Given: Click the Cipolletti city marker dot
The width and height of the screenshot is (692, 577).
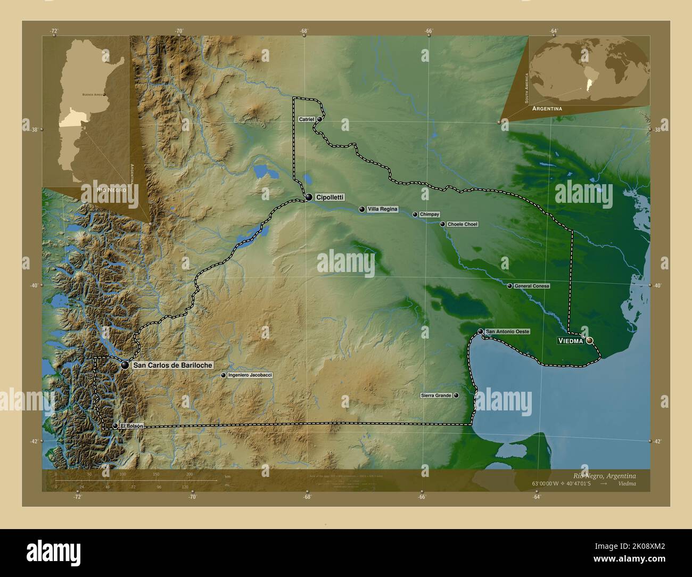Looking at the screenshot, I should click(309, 197).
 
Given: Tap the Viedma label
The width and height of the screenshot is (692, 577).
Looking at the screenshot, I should click(570, 341).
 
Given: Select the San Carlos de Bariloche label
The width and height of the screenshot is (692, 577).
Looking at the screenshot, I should click(172, 365).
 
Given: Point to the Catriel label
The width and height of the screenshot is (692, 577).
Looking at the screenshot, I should click(306, 119).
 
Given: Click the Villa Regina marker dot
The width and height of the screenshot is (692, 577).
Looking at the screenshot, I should click(362, 210).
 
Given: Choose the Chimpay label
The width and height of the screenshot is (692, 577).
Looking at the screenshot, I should click(430, 214).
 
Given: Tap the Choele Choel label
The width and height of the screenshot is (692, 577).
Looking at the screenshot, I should click(462, 225).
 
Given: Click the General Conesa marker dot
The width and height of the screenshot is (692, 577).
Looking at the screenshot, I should click(509, 286).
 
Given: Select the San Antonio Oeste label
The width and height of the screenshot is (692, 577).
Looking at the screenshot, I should click(507, 332).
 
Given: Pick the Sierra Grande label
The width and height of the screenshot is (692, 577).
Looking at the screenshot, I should click(436, 395).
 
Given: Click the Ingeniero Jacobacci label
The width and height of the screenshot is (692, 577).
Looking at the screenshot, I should click(250, 375).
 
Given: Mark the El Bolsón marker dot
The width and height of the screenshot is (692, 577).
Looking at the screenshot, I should click(115, 426).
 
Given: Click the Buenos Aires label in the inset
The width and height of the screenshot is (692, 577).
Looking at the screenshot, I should click(91, 94).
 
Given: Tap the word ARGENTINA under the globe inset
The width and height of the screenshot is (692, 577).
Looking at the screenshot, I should click(546, 108).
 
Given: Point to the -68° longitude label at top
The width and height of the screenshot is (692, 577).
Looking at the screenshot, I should click(303, 31).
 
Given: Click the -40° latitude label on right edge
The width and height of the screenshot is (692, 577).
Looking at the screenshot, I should click(658, 286).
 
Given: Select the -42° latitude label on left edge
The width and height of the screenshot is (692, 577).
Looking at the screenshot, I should click(34, 441).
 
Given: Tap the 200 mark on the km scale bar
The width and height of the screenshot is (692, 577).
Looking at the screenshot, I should click(189, 474).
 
